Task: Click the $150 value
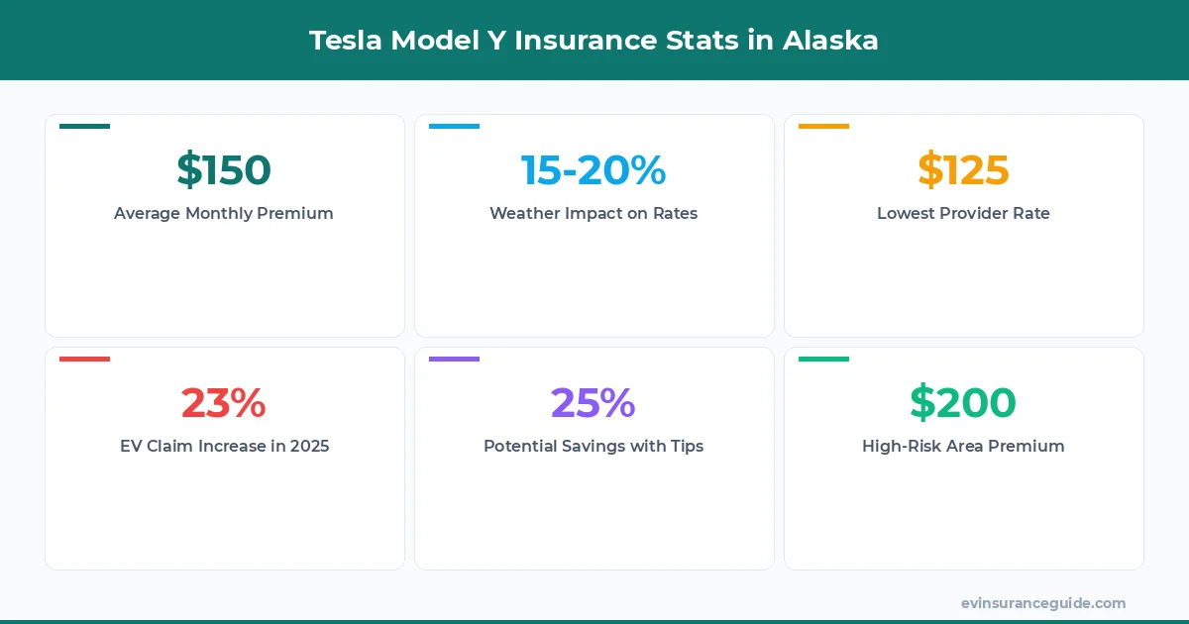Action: coord(224,169)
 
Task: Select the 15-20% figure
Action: coord(594,169)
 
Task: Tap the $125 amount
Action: coord(963,169)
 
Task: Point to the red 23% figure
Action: coord(224,402)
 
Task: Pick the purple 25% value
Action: coord(594,402)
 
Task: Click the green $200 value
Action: coord(963,402)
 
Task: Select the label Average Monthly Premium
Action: coord(224,213)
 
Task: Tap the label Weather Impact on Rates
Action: coord(594,213)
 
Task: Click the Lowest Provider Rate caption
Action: coord(963,213)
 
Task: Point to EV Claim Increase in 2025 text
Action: coord(224,446)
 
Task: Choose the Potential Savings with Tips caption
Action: coord(594,446)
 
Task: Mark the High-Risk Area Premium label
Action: coord(963,446)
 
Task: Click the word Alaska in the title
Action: coord(830,41)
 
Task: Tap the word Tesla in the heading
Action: coord(347,41)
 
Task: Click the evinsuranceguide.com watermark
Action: coord(1043,602)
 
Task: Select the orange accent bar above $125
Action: coord(823,126)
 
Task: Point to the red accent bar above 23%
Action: coord(84,359)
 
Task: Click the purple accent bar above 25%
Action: coord(454,359)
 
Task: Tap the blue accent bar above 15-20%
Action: coord(454,126)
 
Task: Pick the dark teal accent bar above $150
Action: coord(84,126)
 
